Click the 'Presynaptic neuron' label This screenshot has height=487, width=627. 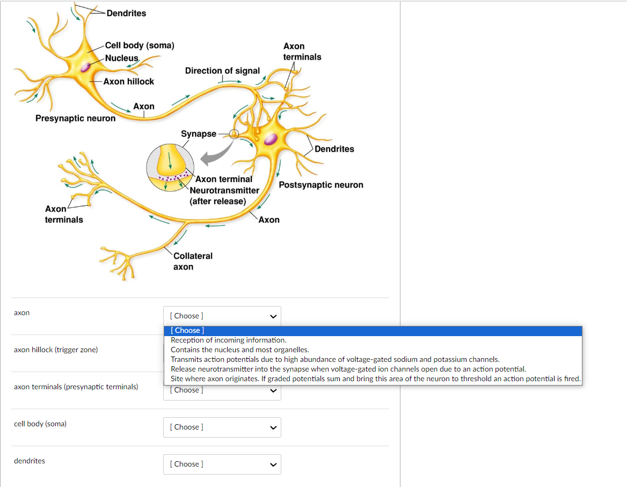(75, 118)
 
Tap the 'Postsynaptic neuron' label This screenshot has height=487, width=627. (321, 185)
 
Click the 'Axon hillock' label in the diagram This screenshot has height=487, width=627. (128, 82)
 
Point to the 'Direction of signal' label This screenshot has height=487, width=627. (222, 71)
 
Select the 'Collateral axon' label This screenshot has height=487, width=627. (193, 261)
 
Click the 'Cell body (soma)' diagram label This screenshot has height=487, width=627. (140, 46)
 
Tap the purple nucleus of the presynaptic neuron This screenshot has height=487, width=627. (85, 67)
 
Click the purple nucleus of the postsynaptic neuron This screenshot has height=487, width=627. (271, 139)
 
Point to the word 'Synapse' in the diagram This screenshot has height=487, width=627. (199, 134)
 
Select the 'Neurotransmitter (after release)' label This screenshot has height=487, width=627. (224, 195)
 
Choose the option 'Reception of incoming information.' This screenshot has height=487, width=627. (229, 340)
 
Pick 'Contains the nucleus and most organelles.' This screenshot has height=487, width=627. (239, 350)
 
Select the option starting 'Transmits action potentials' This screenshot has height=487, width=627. (335, 359)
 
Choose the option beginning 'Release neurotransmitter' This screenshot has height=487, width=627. (348, 369)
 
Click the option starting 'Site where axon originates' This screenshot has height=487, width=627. (375, 379)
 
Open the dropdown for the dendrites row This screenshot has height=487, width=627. (222, 464)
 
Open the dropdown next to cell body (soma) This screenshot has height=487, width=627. (222, 427)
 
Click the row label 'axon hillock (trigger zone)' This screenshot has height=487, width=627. (56, 350)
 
